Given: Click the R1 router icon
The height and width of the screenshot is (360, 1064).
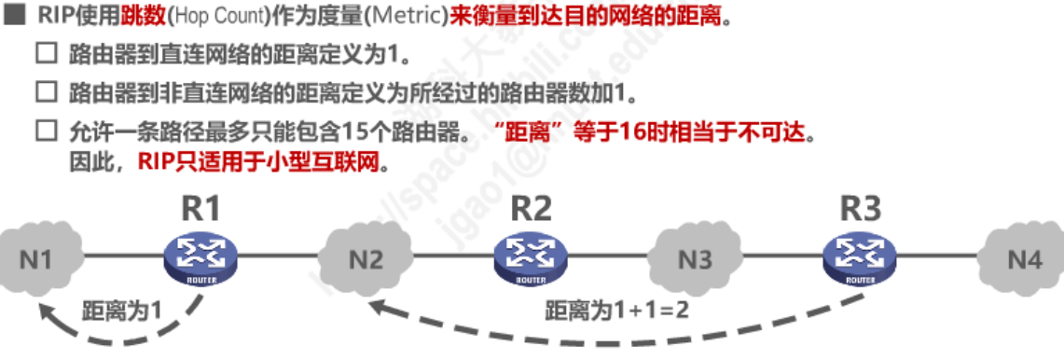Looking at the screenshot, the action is click(200, 256).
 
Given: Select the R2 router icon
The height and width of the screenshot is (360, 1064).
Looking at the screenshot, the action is click(530, 256).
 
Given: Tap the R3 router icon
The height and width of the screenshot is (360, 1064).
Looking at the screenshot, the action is click(859, 256).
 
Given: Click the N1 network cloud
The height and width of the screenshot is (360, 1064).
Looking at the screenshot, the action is click(38, 258).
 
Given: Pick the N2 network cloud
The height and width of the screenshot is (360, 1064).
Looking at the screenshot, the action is click(366, 258).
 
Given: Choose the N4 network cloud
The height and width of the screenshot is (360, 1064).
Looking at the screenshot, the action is click(1023, 258).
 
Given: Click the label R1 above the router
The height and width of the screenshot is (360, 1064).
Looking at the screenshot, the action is click(200, 208).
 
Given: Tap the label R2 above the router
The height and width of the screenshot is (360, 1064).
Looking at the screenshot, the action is click(531, 208).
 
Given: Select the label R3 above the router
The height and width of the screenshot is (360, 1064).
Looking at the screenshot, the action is click(859, 208).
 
